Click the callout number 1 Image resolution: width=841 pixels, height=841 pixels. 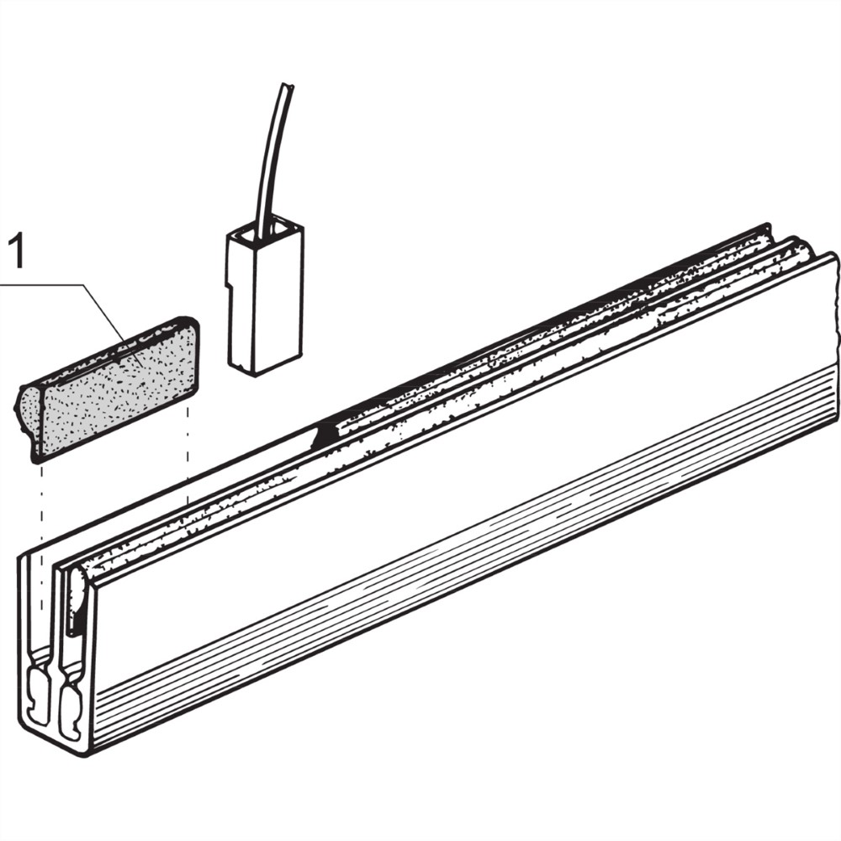point(17,251)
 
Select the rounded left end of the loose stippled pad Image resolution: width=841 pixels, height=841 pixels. point(26,409)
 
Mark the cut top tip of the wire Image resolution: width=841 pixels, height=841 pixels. point(288,85)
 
